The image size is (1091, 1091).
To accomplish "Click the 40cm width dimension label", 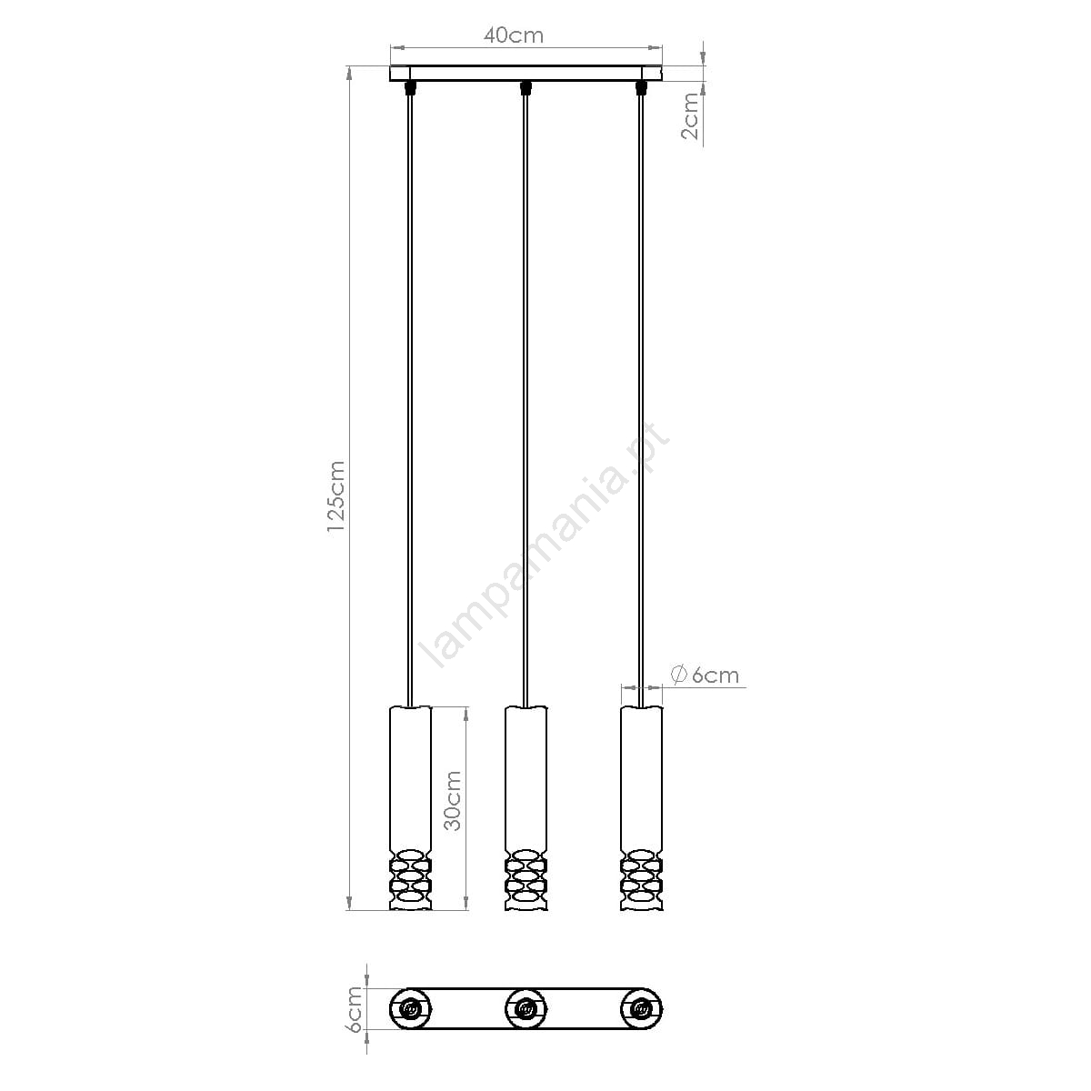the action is point(514,35).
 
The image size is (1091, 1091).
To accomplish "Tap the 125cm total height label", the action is point(336,496).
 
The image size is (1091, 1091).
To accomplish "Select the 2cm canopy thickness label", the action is point(690,116).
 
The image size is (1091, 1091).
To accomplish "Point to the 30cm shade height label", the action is point(453,801).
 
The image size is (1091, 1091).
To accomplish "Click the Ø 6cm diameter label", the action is point(705,675).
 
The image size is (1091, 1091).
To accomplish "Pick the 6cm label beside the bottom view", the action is point(355,1017).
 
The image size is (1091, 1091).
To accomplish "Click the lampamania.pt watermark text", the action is point(544,544).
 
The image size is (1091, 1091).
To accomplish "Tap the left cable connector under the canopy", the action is point(410,87).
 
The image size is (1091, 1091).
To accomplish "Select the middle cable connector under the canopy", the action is point(526,87).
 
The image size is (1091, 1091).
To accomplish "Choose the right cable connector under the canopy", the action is point(641,87).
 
